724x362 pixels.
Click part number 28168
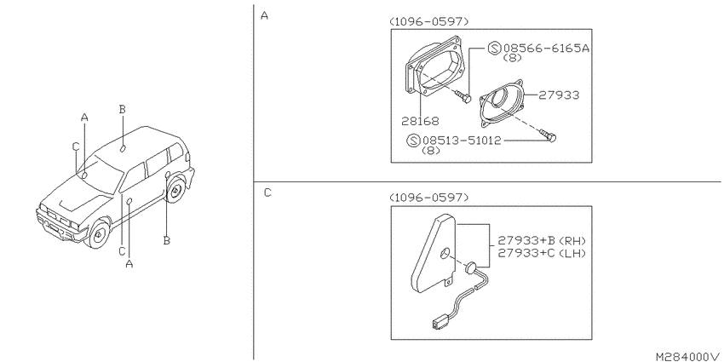(420, 121)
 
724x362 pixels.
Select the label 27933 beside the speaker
(559, 95)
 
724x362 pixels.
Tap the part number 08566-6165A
(547, 48)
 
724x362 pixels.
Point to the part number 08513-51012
(462, 141)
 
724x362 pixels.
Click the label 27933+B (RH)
(542, 240)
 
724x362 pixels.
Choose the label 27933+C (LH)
(542, 253)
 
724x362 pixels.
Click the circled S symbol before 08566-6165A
(495, 48)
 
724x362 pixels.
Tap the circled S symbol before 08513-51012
(413, 141)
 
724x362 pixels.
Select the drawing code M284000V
(688, 356)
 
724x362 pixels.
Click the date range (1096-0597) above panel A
(429, 21)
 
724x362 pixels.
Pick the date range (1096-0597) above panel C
(429, 198)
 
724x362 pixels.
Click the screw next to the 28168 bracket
(463, 96)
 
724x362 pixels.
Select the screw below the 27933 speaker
(549, 135)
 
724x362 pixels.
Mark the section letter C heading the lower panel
(267, 193)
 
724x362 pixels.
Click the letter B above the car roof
(122, 109)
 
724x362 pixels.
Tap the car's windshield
(101, 176)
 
